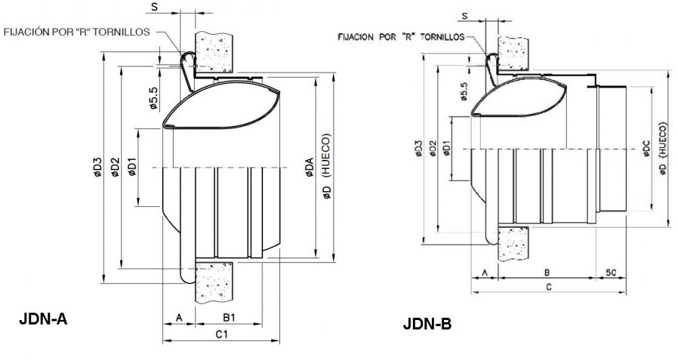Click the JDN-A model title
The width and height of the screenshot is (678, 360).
point(43,319)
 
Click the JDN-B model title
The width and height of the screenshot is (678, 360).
point(428,323)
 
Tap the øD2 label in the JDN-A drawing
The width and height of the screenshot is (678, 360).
point(115,167)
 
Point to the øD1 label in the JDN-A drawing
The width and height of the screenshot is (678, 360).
point(132,167)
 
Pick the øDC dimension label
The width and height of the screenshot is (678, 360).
point(647,148)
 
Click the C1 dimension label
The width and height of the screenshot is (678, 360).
point(222,334)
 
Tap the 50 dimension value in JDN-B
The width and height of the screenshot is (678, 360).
point(611,273)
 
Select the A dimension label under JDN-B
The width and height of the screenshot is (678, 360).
point(485,273)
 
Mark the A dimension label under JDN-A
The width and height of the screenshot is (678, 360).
point(180,318)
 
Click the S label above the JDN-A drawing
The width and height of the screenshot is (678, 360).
point(155,6)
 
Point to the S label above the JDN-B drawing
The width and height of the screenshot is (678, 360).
point(465,16)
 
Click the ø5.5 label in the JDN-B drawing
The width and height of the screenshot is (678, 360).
point(464,92)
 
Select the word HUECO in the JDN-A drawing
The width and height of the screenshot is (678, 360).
point(327,155)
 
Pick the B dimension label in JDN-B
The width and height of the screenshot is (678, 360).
point(547,273)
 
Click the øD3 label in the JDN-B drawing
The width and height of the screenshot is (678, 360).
point(418,148)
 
